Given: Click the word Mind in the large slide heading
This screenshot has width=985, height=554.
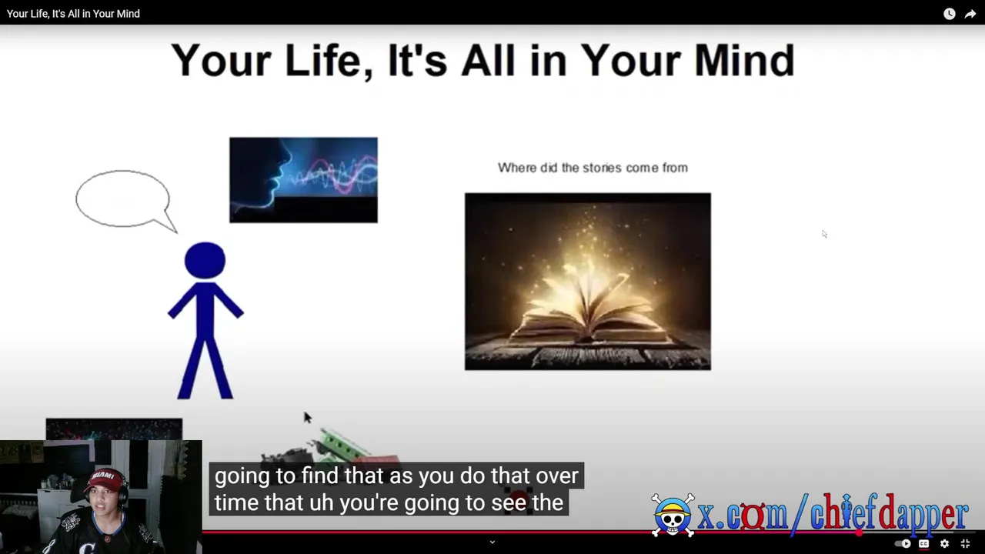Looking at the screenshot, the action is (x=744, y=60).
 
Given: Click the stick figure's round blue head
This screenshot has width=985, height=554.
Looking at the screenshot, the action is (x=205, y=260).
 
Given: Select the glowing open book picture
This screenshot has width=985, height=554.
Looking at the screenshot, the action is (x=587, y=282).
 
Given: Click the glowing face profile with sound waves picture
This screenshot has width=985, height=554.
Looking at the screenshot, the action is (x=303, y=180).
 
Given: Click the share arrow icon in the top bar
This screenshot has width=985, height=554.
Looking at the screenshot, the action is (x=970, y=14).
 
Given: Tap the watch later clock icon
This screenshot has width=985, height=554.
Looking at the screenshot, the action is (x=950, y=14).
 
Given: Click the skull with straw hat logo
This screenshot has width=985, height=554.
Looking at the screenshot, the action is (x=673, y=516).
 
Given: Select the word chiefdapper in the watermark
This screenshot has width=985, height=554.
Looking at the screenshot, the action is (x=888, y=512).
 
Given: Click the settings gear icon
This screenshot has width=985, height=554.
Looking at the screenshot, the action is (x=944, y=544).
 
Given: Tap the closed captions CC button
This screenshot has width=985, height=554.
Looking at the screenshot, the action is (x=924, y=544).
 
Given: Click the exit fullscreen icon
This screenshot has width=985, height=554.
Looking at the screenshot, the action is (x=965, y=544).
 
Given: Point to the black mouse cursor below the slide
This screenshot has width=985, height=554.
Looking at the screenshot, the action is (x=307, y=418).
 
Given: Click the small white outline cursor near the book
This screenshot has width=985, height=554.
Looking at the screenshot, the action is (x=824, y=234).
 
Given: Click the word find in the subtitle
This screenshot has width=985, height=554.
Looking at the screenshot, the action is (x=319, y=476).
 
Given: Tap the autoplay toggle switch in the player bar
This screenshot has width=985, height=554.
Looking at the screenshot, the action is (x=903, y=544).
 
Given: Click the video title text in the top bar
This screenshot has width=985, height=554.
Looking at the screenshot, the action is (x=73, y=14).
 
